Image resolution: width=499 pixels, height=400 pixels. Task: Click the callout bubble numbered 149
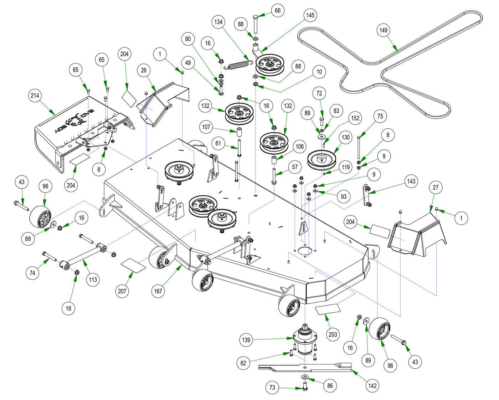[x=384, y=30]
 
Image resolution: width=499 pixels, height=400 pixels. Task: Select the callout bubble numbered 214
[x=35, y=96]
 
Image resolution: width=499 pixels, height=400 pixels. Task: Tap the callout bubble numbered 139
[x=246, y=340]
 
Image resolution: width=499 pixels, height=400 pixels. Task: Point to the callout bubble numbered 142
[x=372, y=385]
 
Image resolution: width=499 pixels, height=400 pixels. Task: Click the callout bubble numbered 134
[x=218, y=22]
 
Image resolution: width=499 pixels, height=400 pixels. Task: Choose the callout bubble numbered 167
[x=158, y=291]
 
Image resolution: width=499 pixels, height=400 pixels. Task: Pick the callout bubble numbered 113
[x=93, y=280]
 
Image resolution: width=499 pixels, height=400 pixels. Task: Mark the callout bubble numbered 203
[x=333, y=334]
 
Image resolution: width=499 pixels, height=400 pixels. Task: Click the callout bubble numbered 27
[x=436, y=188]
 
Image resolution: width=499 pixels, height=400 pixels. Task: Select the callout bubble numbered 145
[x=310, y=15]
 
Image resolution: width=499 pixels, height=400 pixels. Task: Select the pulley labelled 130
[x=322, y=161]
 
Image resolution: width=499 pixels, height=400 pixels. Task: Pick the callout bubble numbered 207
[x=122, y=291]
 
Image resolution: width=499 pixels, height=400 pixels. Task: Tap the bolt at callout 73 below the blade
[x=305, y=386]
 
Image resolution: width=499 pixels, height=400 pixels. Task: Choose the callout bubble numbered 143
[x=411, y=181]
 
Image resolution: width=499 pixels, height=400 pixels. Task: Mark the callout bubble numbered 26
[x=144, y=70]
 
